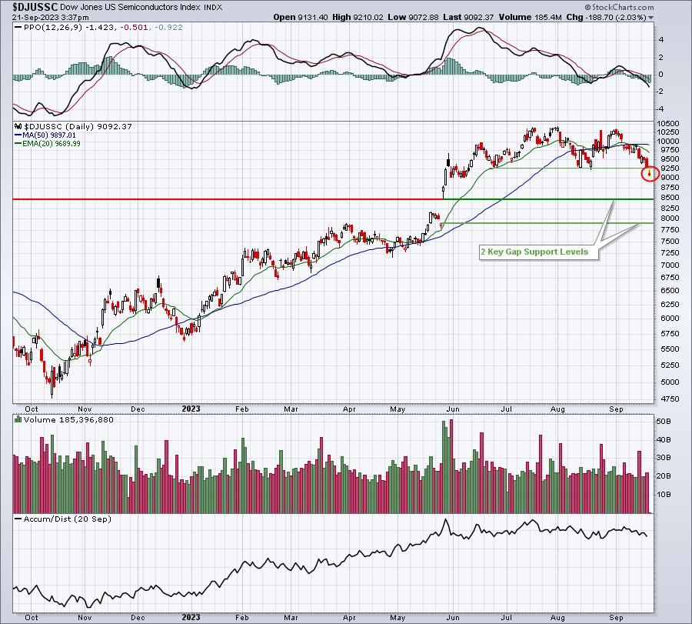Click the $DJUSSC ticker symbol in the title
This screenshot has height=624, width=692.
(35, 7)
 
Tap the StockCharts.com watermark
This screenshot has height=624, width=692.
(619, 7)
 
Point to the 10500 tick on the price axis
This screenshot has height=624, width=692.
(668, 124)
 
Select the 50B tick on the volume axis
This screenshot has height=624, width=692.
(664, 422)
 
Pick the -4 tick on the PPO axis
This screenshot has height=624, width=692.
(660, 109)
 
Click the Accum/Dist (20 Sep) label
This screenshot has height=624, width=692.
(67, 519)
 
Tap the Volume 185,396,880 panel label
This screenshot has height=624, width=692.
(68, 420)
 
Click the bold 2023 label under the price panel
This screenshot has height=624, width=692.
(191, 409)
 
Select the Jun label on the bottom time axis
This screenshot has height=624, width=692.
(453, 617)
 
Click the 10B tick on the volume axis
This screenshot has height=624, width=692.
(664, 494)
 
